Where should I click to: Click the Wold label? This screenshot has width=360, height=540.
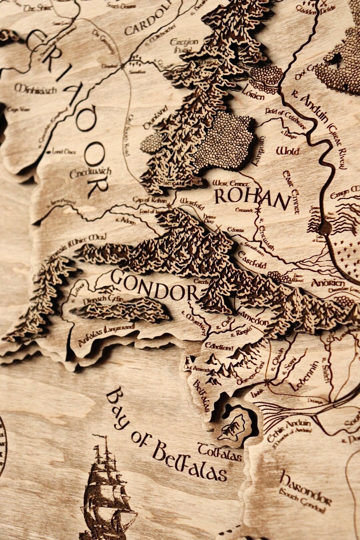click(287, 151)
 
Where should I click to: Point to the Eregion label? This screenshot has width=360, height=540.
click(184, 42)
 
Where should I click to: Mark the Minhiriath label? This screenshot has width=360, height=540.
click(35, 89)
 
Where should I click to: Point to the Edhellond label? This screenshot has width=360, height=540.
click(219, 347)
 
